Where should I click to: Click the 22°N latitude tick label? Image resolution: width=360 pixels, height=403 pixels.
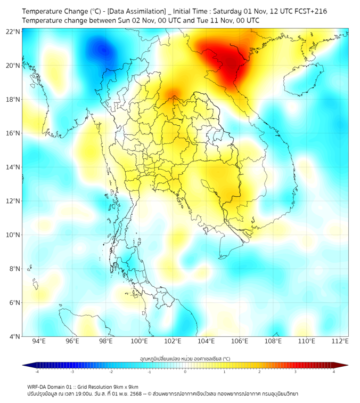(13, 31)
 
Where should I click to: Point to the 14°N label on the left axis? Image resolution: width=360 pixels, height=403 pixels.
(13, 167)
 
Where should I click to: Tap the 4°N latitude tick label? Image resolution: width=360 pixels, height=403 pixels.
(14, 336)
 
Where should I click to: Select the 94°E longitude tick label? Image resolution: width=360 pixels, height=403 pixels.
(39, 341)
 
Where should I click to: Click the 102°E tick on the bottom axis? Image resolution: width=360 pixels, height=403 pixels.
(173, 341)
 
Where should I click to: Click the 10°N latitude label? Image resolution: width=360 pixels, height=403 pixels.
(13, 235)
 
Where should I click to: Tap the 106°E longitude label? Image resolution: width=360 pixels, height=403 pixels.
(240, 341)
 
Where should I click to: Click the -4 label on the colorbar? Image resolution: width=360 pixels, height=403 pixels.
(36, 372)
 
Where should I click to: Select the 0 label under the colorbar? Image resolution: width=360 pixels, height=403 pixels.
(185, 372)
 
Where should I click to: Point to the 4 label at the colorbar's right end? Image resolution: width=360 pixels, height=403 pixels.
(334, 372)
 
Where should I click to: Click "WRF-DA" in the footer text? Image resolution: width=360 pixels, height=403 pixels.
(38, 386)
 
